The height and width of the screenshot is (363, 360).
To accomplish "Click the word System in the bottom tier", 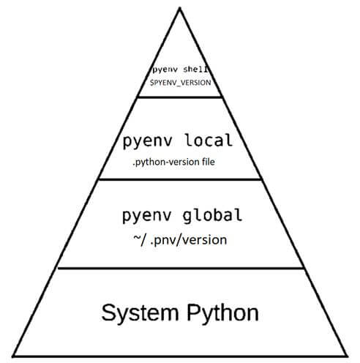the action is click(x=140, y=313).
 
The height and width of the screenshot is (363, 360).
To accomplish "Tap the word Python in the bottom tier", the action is click(x=222, y=313).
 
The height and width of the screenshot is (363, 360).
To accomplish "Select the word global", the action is click(x=212, y=216).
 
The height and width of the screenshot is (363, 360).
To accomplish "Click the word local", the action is click(x=209, y=140).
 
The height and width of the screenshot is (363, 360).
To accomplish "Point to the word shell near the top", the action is click(x=196, y=70).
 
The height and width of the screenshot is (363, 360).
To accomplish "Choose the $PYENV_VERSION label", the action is click(x=181, y=83).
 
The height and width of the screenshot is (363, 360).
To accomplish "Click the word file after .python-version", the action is click(x=209, y=162).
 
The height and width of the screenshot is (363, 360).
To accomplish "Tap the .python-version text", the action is click(x=166, y=162).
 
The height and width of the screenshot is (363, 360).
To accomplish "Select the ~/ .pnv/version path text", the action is click(x=180, y=240).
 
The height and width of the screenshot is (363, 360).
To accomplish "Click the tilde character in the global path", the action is click(x=137, y=237).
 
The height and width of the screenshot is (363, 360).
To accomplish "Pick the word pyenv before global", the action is click(x=146, y=217).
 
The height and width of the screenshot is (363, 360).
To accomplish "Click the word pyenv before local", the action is click(x=147, y=141).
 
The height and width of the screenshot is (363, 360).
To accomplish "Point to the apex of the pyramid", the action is click(x=180, y=8).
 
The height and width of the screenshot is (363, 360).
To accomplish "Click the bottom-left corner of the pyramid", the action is click(x=13, y=356).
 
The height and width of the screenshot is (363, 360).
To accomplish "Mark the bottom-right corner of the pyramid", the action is click(x=346, y=356).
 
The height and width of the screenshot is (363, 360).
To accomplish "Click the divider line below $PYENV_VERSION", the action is click(x=180, y=97).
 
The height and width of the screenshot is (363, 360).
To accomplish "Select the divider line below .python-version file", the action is click(x=180, y=179).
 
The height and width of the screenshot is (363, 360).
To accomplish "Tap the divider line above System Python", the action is click(x=181, y=269).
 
